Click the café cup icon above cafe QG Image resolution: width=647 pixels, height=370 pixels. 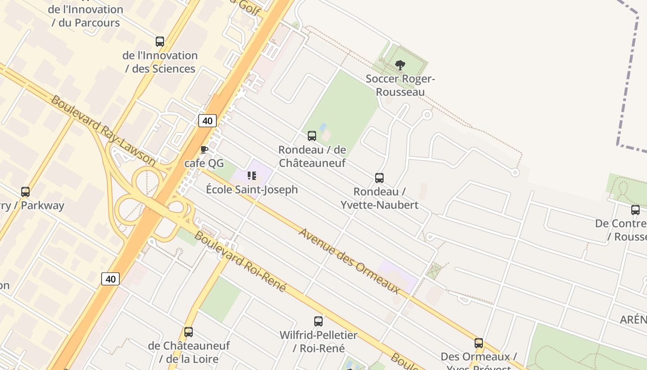tap(204, 149)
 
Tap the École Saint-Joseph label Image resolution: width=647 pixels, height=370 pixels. tap(251, 190)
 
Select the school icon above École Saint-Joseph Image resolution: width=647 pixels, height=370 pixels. tap(251, 176)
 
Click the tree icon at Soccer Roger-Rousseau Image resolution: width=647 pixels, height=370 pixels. tap(400, 65)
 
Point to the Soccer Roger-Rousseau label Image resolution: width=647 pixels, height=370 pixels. tap(400, 85)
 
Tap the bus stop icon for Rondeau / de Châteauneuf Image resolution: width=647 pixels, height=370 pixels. tap(312, 136)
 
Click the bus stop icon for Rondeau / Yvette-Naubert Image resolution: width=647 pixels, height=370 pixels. tap(379, 178)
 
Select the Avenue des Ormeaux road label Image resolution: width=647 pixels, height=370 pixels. tap(349, 261)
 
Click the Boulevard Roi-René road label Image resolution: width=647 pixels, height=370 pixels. tap(240, 261)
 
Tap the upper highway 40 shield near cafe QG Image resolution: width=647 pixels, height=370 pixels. tap(208, 121)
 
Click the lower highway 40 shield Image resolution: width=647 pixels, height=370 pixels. tap(110, 279)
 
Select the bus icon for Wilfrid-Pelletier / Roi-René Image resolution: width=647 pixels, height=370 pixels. tap(318, 321)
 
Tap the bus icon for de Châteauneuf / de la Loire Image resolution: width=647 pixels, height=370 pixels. tap(189, 332)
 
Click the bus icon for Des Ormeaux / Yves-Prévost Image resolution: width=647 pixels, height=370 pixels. tap(479, 343)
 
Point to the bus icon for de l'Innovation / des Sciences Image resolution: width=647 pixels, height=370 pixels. tap(160, 42)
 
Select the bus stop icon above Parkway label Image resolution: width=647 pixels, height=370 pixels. tap(25, 191)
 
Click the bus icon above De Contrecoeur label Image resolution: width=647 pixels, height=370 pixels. tap(635, 210)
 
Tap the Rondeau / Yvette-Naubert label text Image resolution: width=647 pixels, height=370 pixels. tap(379, 198)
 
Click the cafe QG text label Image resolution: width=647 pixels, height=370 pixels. tap(204, 163)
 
